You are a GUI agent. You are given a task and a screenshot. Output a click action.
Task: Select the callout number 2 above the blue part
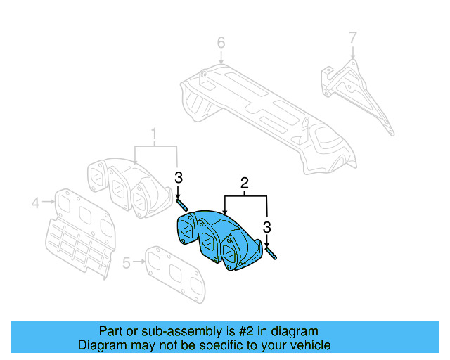coord(245,184)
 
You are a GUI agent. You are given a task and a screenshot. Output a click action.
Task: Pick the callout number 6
coord(221,43)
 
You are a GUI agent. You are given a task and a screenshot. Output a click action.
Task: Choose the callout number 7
coord(353,36)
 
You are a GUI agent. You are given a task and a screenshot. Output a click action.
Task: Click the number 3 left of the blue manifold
coord(179,177)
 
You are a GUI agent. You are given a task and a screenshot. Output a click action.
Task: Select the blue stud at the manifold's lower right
coord(271,254)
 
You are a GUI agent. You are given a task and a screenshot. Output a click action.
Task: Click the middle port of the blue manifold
coord(208,237)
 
